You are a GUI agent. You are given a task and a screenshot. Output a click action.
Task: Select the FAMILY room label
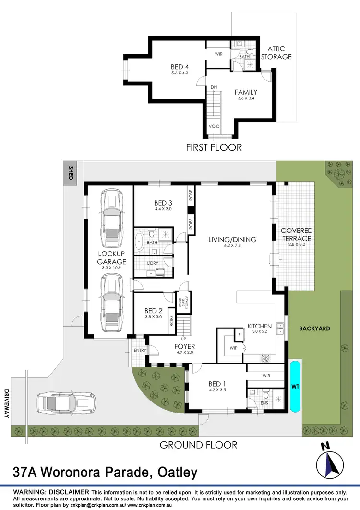[246, 92]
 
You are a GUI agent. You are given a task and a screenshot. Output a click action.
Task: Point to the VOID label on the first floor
[214, 126]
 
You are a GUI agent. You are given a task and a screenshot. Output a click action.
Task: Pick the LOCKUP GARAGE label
[112, 257]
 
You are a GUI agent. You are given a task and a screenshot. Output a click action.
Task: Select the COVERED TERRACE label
[296, 234]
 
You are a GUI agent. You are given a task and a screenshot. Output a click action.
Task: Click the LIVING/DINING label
[232, 240]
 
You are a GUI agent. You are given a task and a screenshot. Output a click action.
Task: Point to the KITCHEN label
[259, 327]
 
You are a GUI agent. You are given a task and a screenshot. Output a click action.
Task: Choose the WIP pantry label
[234, 347]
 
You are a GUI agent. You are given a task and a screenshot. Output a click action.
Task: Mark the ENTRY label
[140, 350]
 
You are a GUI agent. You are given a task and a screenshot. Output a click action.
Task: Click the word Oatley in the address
[175, 473]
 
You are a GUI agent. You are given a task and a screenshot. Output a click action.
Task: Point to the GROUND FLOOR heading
[198, 445]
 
